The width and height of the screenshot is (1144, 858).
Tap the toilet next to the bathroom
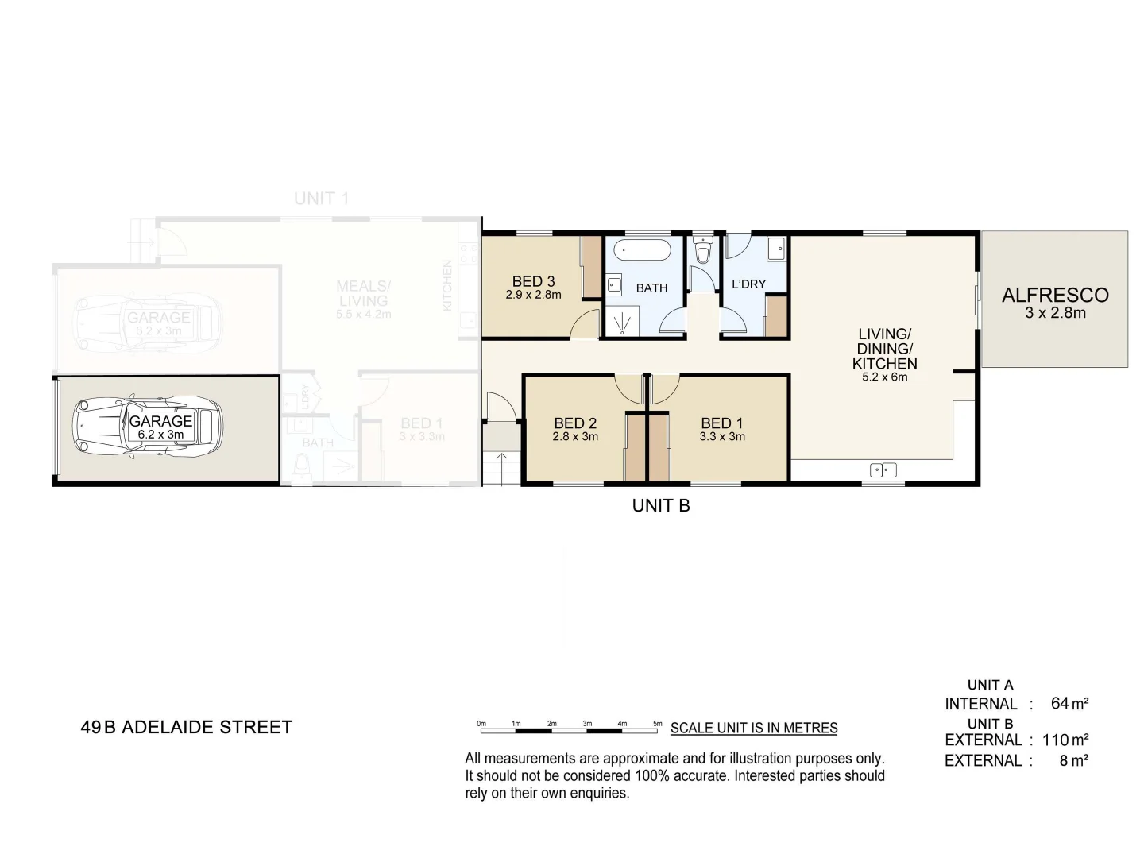pos(702,251)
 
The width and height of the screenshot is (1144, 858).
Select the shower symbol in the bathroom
pos(620,322)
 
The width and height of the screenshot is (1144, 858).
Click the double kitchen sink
pos(883,470)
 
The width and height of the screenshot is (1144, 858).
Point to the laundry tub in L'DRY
pos(776,249)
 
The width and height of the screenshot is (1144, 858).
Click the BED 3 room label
pos(533,281)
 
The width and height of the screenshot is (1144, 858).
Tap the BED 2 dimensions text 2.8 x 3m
pos(575,437)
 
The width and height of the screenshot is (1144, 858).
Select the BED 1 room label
pos(721,423)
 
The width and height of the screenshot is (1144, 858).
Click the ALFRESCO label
pos(1054,296)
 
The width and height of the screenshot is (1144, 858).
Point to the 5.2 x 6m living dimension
pos(884,377)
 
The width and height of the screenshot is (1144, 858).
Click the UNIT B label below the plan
pos(661,505)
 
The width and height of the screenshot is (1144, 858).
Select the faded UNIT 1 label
pos(321,199)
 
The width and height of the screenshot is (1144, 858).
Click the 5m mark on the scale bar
pos(658,724)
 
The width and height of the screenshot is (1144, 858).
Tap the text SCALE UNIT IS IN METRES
pos(754,728)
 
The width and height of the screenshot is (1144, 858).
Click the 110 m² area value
pos(1065,740)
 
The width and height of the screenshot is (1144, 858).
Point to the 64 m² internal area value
pos(1069,703)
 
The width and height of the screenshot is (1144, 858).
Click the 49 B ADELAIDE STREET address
pos(187,727)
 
